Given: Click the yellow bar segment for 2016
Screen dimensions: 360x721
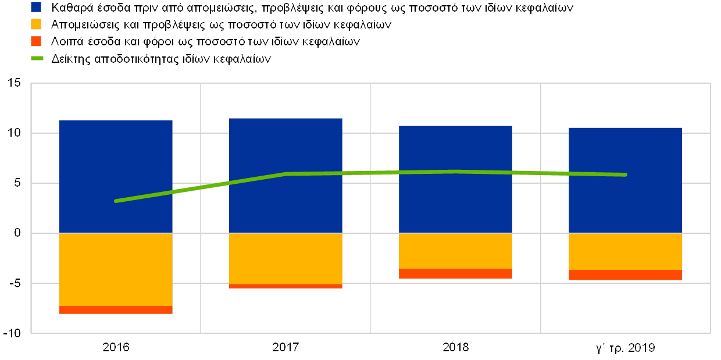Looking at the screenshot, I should (x=116, y=269).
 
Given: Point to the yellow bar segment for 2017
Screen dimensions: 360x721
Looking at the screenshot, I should (x=285, y=258).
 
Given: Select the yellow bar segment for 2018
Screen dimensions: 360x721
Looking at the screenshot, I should (x=455, y=251).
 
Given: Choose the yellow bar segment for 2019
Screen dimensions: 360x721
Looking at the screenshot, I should (x=625, y=251).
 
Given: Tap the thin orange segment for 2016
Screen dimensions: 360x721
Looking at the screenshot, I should (x=116, y=310).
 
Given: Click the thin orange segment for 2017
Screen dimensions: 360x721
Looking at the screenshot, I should (x=285, y=286).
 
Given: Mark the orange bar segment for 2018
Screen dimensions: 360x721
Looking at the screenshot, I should (x=455, y=274).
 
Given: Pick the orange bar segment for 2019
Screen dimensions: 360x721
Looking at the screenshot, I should (x=625, y=275).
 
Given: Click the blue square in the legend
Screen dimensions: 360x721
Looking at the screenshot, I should (x=36, y=7).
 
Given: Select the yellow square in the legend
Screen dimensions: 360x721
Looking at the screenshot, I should (x=36, y=24).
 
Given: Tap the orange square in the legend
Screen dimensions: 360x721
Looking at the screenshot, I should (x=36, y=41).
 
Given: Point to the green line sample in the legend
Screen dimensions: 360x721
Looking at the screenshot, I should (x=37, y=58).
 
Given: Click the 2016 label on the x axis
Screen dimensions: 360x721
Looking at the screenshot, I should (x=116, y=348).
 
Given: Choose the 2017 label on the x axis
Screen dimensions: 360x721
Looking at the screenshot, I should (x=285, y=348).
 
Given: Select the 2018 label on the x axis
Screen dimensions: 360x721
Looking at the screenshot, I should (x=455, y=348).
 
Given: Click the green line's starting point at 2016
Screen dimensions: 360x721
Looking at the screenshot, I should (x=116, y=201).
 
